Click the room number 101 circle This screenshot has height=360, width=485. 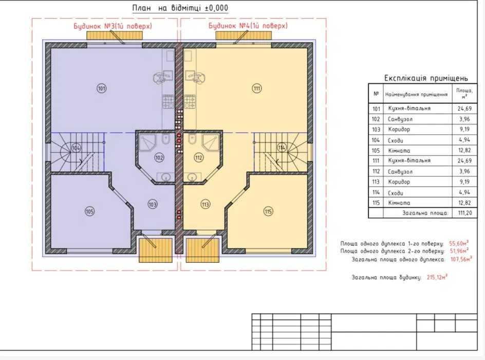click(101, 88)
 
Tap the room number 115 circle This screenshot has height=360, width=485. click(268, 211)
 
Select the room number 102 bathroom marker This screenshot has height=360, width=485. click(159, 158)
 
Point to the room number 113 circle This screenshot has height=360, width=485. click(206, 204)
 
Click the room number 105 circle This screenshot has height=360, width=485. click(90, 211)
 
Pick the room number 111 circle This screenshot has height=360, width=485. click(257, 88)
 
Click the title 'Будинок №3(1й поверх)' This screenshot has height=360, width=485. click(113, 26)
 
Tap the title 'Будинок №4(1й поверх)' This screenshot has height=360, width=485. click(248, 26)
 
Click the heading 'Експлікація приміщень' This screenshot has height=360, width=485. click(426, 78)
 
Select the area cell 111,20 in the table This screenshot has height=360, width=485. click(465, 213)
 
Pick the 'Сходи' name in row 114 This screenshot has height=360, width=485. click(395, 193)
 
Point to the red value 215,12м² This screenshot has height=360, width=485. click(437, 277)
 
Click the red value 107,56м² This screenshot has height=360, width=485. click(461, 259)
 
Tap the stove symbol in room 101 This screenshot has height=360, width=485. click(168, 102)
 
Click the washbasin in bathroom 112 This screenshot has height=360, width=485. click(192, 177)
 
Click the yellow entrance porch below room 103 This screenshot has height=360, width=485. click(155, 250)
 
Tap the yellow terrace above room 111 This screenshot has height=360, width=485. click(244, 35)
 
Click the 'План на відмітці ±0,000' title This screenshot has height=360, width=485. click(180, 8)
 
